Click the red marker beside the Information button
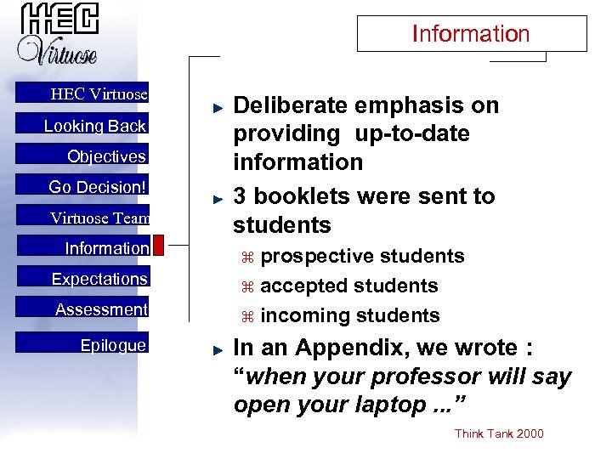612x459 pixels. pos(158,246)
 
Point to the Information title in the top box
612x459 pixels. pos(471,34)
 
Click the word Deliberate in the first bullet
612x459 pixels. pos(291,105)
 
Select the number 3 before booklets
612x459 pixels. pos(240,196)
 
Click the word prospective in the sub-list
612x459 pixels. pos(316,257)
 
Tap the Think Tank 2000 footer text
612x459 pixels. pos(499,434)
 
